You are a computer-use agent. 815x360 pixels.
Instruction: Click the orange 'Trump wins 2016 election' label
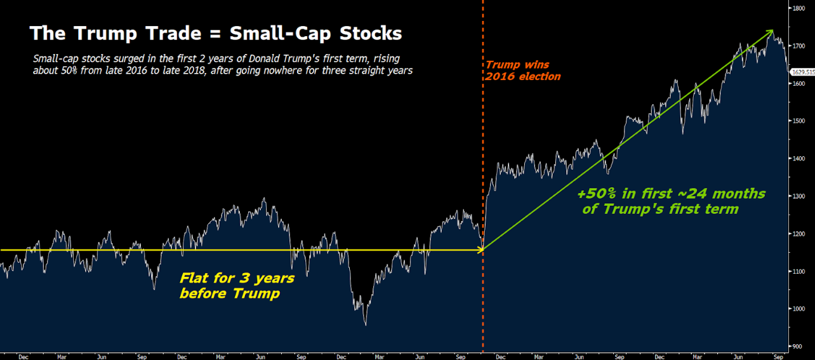pos(523,70)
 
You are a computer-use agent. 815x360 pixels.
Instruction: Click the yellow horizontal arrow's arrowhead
pos(480,250)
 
